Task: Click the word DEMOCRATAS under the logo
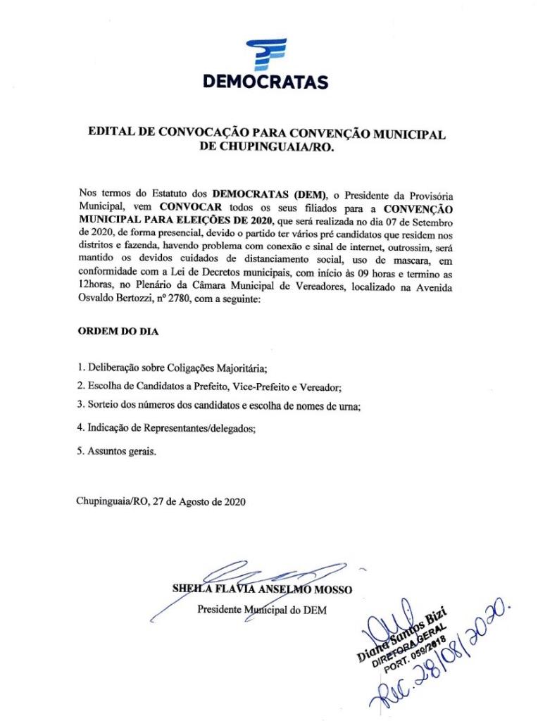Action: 265,82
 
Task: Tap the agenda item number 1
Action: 80,368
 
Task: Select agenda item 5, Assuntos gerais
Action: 116,451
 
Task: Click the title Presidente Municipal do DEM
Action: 267,609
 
